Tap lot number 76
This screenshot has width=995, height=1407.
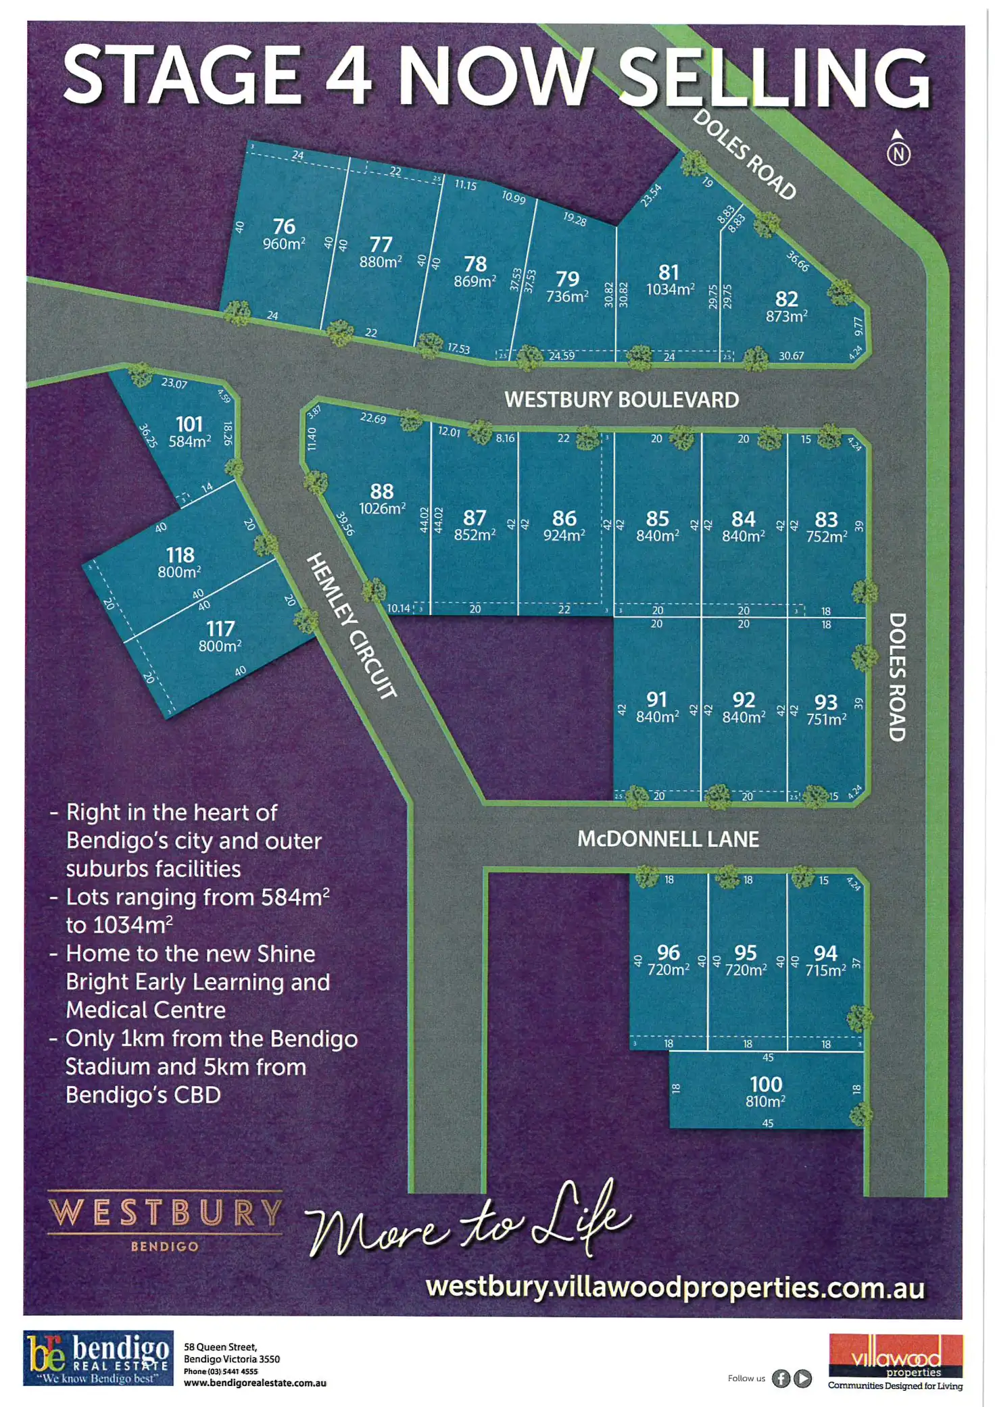284,226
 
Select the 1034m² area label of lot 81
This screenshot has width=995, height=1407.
670,289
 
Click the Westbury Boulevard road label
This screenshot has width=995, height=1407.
621,399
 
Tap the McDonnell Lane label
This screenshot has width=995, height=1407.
668,839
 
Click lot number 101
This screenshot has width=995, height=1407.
189,424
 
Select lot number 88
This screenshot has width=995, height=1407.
382,491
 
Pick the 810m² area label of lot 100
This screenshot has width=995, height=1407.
765,1102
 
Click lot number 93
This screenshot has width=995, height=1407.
826,702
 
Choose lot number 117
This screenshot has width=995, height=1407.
220,628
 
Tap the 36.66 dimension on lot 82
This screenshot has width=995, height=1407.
798,262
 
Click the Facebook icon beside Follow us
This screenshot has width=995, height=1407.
781,1378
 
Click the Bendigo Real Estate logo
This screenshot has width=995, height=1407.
98,1358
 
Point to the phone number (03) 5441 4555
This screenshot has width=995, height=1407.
221,1371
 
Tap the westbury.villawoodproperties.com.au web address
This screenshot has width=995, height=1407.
675,1287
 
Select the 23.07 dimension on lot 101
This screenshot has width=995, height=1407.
174,383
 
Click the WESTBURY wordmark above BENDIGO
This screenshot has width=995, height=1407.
165,1213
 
